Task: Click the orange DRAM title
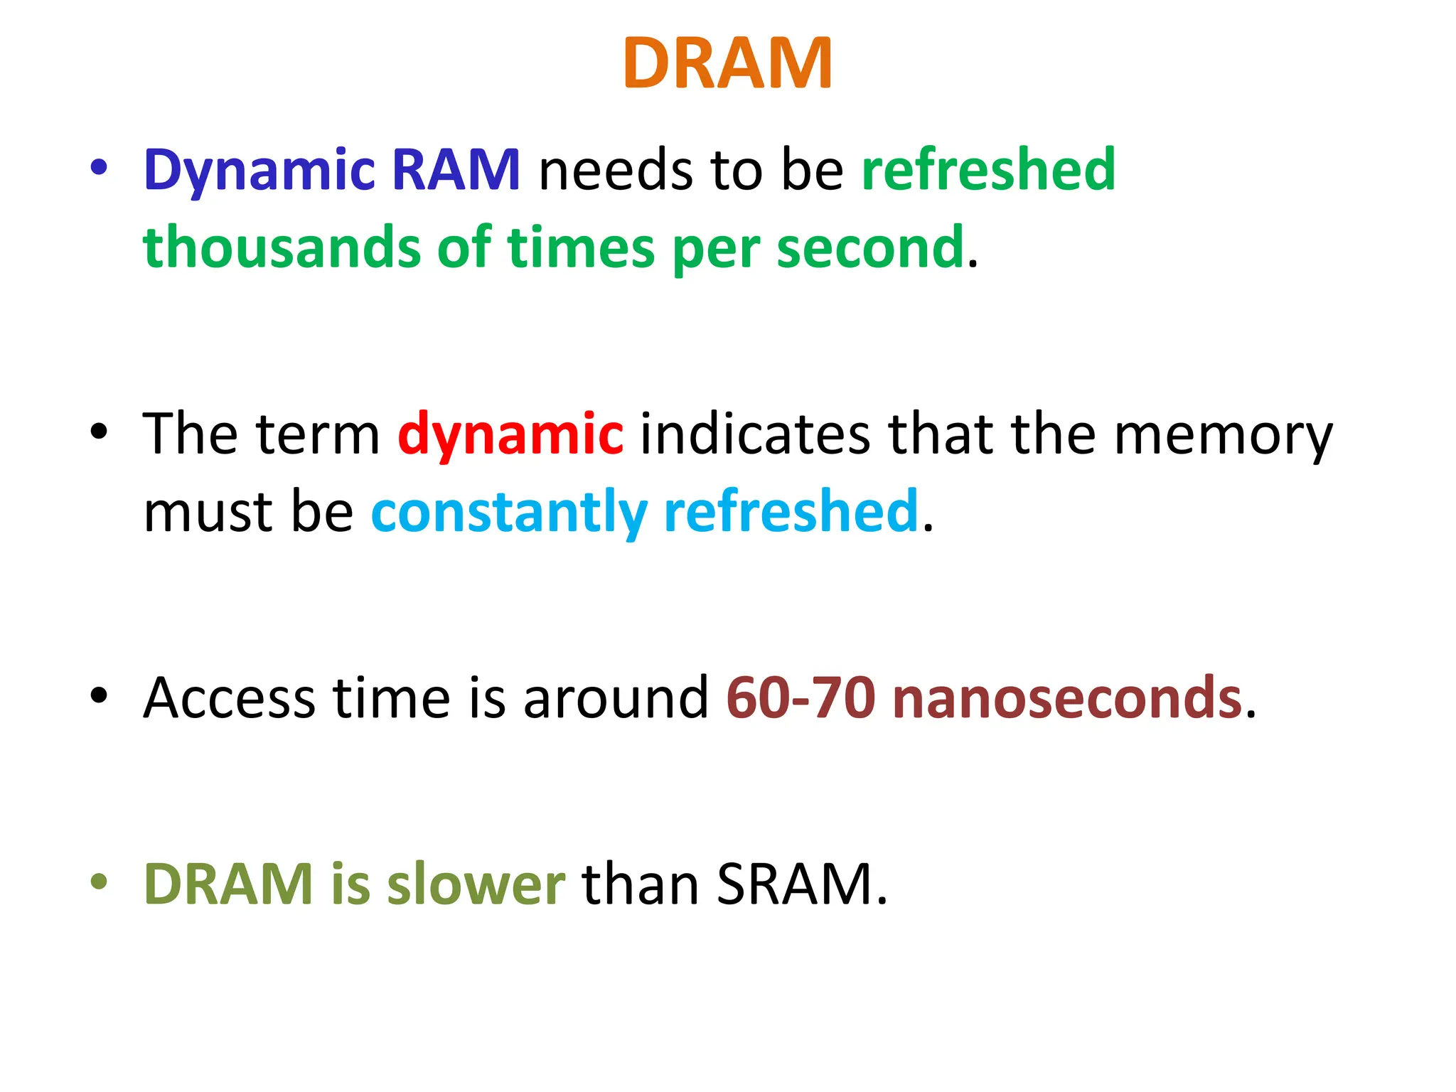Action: click(727, 64)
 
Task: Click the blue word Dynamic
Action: click(259, 171)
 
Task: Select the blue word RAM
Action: click(456, 171)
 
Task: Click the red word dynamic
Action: click(510, 434)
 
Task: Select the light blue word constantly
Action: click(509, 512)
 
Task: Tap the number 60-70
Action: click(801, 698)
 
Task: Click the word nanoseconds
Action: click(1067, 698)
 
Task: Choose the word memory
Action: click(1223, 435)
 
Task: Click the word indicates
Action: click(755, 434)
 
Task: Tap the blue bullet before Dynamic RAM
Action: click(99, 168)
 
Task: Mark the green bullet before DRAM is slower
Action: click(99, 882)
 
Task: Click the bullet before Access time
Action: click(99, 695)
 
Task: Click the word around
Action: click(616, 698)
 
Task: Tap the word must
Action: click(208, 512)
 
